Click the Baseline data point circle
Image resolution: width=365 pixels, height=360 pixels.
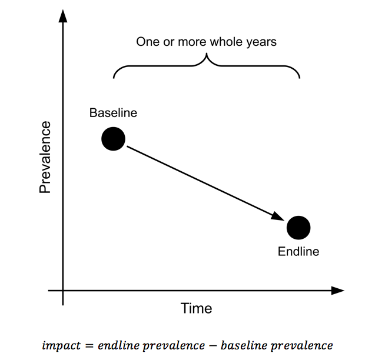[113, 139]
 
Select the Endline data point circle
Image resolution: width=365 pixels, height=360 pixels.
[298, 228]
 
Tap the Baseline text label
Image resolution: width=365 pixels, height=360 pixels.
[113, 113]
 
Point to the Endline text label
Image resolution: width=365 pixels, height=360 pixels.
[298, 252]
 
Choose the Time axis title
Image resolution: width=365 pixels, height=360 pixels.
[197, 308]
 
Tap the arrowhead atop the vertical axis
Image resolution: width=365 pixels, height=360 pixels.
[62, 16]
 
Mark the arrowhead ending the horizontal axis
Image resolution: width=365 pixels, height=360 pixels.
[337, 291]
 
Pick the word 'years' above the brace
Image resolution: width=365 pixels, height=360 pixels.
[260, 42]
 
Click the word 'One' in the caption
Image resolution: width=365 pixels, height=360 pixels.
[147, 42]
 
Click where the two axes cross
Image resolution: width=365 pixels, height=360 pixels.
[62, 291]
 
